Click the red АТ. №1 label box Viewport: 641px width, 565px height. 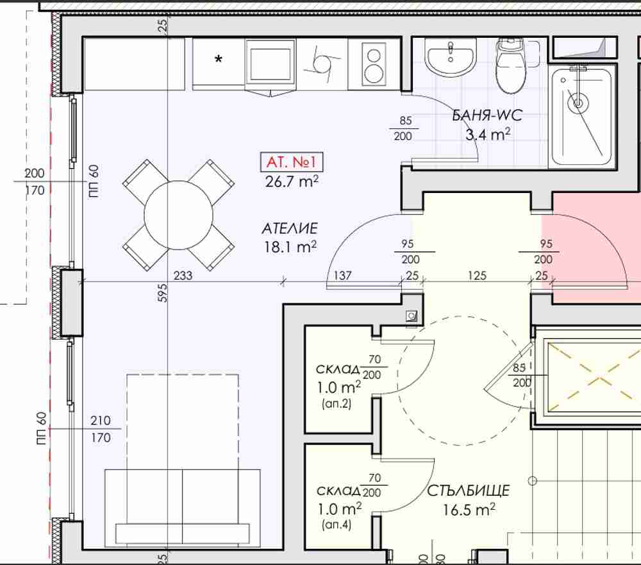click(292, 162)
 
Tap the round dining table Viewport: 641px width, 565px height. click(179, 215)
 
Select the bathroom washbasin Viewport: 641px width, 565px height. click(450, 60)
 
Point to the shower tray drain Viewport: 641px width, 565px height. click(578, 101)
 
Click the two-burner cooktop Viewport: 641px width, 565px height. click(373, 65)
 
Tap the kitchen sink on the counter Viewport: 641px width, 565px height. click(271, 64)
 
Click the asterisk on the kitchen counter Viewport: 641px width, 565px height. click(219, 60)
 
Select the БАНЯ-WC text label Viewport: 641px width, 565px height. click(487, 115)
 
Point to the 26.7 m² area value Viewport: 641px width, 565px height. click(292, 181)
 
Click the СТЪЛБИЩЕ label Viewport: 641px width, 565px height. click(469, 491)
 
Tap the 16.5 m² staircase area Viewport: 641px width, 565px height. click(469, 510)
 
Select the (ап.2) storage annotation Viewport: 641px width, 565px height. click(337, 404)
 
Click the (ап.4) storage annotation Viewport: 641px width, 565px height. click(337, 525)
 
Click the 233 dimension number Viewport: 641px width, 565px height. click(183, 275)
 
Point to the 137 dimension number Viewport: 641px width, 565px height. click(342, 275)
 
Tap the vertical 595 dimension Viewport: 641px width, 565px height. click(162, 293)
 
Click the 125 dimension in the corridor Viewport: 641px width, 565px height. click(477, 275)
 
